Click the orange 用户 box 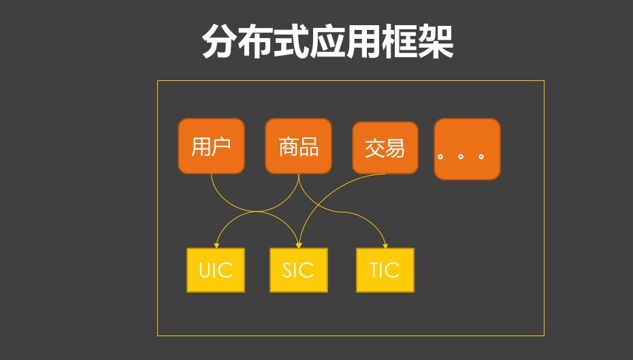(x=211, y=146)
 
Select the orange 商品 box (x=298, y=146)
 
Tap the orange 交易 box (x=385, y=148)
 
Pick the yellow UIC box (x=216, y=270)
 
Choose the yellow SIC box (x=298, y=270)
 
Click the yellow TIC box (x=385, y=270)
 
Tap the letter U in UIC (x=205, y=270)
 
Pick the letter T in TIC (x=375, y=270)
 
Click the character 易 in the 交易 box (x=395, y=148)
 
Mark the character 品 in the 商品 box (x=308, y=146)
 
